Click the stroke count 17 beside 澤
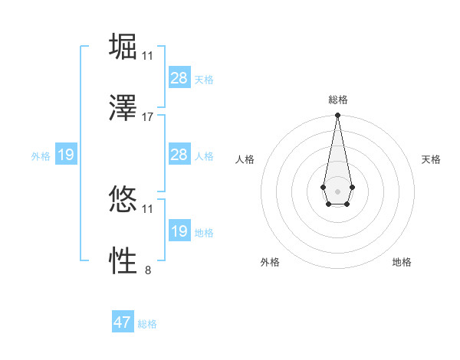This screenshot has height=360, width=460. pyautogui.click(x=148, y=117)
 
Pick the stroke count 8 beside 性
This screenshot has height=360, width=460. pyautogui.click(x=148, y=270)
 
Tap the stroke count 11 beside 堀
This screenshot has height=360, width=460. pyautogui.click(x=148, y=56)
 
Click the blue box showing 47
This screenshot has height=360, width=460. pyautogui.click(x=123, y=322)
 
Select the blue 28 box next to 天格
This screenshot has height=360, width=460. pyautogui.click(x=179, y=78)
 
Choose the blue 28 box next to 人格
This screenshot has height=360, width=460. pyautogui.click(x=179, y=155)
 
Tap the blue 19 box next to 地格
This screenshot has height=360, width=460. pyautogui.click(x=179, y=231)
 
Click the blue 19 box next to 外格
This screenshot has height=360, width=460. pyautogui.click(x=65, y=155)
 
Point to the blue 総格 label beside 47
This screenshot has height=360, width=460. pyautogui.click(x=147, y=324)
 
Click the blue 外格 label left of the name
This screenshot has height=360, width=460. pyautogui.click(x=41, y=156)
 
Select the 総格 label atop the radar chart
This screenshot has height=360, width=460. pyautogui.click(x=338, y=100)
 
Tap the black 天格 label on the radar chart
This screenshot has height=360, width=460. pyautogui.click(x=432, y=159)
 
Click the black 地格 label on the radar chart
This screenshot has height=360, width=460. pyautogui.click(x=402, y=262)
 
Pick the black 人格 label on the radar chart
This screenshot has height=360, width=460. pyautogui.click(x=245, y=159)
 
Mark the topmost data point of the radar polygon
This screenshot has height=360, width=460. pyautogui.click(x=337, y=116)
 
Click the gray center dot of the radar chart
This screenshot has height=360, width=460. pyautogui.click(x=337, y=190)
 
